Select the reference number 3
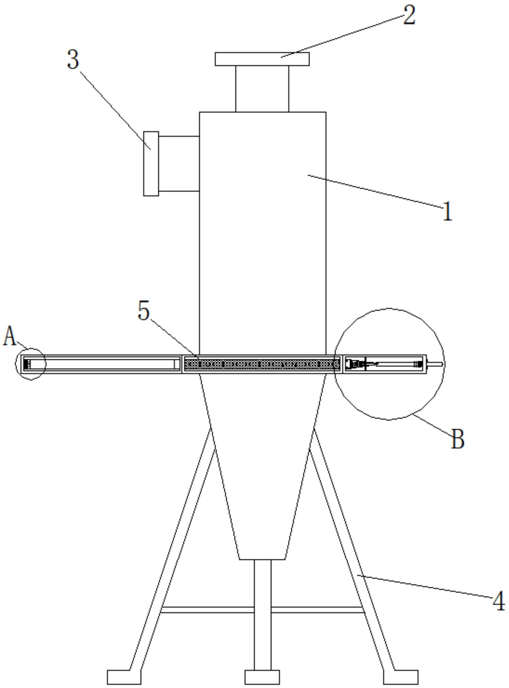tap(73, 59)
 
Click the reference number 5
tap(143, 311)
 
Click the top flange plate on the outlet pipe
tap(262, 59)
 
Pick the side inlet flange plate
tap(151, 164)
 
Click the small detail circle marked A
tap(31, 364)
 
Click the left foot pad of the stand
tap(124, 677)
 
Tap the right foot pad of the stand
tap(401, 677)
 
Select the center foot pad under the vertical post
tap(262, 677)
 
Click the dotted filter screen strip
tap(262, 364)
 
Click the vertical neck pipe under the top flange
tap(262, 89)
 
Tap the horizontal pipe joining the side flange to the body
tap(179, 164)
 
